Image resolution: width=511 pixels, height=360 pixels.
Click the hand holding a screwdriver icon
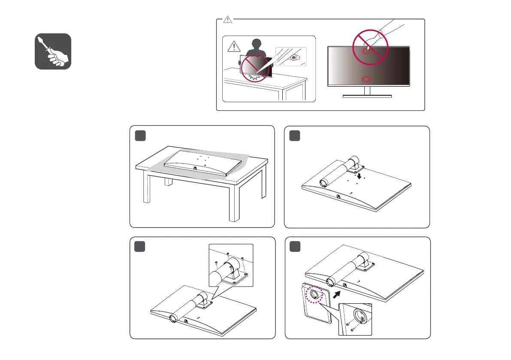[53, 51]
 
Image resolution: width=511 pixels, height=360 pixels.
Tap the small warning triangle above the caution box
[228, 19]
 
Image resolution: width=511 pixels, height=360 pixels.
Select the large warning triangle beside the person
[233, 46]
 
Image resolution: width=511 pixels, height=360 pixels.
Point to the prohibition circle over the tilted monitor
[256, 68]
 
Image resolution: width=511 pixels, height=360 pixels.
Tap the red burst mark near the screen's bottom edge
[366, 79]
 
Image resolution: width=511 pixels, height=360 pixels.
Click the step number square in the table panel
[140, 135]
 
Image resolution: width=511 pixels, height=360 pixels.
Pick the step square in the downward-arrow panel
[294, 135]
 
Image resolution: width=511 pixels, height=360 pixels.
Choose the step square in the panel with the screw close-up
[140, 247]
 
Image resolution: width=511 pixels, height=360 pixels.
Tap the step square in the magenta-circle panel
[294, 247]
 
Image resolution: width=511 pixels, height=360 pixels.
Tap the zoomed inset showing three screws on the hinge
[230, 265]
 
